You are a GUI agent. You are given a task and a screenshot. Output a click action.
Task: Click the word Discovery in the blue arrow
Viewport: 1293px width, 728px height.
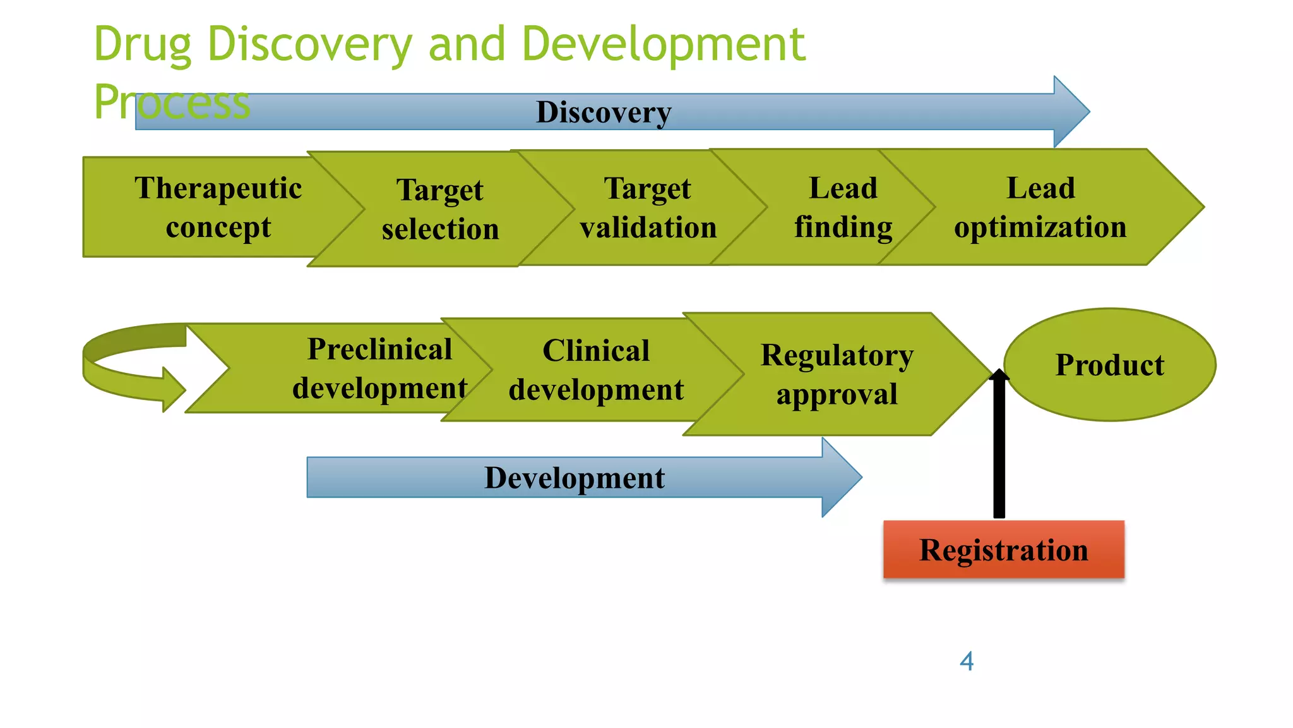point(603,112)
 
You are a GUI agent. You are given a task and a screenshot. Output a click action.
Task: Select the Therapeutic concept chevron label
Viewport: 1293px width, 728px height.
point(218,207)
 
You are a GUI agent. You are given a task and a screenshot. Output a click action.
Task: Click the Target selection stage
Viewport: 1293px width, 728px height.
point(440,209)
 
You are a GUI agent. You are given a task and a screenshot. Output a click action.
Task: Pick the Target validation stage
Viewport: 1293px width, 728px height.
point(648,208)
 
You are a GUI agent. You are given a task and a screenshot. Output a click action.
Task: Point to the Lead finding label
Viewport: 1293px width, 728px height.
point(843,207)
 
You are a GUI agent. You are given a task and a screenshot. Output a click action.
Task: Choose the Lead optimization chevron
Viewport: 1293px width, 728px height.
point(1040,207)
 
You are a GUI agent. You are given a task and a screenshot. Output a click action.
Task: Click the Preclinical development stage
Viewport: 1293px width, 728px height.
point(379,368)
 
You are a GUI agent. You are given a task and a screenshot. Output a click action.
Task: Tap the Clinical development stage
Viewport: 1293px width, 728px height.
point(596,370)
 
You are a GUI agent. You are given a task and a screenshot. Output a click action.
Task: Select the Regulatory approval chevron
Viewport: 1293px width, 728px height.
point(837,374)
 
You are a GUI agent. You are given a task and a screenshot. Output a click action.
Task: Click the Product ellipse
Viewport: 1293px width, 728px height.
point(1109,365)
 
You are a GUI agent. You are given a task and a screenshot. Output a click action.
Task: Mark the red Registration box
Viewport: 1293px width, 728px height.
point(1003,549)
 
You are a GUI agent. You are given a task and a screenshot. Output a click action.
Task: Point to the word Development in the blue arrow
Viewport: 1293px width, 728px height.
point(574,478)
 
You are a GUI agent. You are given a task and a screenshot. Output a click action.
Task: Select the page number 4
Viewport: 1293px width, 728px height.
point(966,662)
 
